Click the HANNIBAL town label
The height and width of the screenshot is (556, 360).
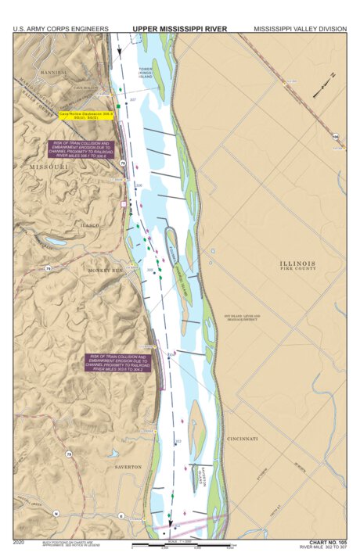click(52, 71)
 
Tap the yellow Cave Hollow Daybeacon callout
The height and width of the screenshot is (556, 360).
click(87, 116)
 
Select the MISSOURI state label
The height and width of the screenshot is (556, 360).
click(49, 167)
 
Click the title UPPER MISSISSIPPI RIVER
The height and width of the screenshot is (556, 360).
click(179, 28)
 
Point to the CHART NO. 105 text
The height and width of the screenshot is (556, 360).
click(327, 541)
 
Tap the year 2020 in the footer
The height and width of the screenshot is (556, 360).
click(20, 541)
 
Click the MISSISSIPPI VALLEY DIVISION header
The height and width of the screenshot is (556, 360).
click(300, 28)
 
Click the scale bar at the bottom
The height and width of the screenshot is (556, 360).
click(183, 544)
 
